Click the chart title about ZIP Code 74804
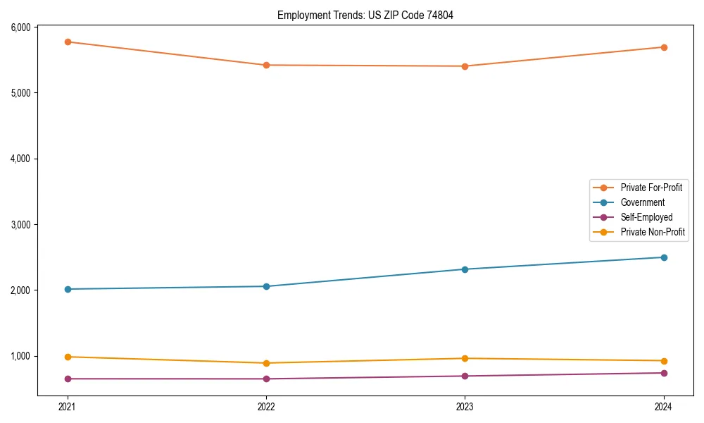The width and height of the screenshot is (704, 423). tap(365, 15)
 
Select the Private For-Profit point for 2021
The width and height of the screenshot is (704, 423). tap(68, 42)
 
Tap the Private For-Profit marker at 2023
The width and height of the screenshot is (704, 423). tap(465, 66)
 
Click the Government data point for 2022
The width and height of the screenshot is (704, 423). tap(266, 286)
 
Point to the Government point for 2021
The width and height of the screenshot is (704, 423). tap(68, 289)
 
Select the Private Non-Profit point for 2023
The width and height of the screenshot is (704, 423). tap(465, 358)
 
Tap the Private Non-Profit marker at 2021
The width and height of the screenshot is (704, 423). tap(68, 357)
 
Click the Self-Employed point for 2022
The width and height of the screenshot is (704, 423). tap(266, 379)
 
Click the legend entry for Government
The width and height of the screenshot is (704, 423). tap(642, 202)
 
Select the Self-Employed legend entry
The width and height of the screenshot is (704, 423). tap(646, 217)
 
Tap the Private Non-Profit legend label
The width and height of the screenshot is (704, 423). tap(653, 232)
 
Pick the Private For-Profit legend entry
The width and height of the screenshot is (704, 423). tap(651, 188)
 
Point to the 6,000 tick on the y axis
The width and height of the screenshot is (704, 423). tap(20, 27)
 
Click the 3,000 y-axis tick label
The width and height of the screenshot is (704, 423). tap(20, 224)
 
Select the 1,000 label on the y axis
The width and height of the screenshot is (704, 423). tap(20, 356)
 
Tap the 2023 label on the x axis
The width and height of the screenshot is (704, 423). tap(465, 406)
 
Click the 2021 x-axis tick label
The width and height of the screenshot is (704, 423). tap(68, 406)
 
